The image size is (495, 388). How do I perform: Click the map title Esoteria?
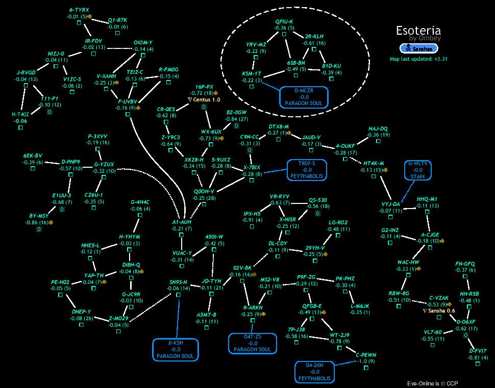418,30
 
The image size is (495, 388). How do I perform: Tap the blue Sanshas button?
419,48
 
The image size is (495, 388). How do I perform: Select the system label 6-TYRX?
79,10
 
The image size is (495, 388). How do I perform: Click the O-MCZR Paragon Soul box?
304,97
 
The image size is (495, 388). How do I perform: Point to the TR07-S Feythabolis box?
306,170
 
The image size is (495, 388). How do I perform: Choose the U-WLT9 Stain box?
417,170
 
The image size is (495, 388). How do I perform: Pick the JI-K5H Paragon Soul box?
175,349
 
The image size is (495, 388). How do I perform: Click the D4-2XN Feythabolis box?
315,372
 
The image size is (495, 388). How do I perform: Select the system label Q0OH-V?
204,191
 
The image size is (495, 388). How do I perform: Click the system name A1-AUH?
182,222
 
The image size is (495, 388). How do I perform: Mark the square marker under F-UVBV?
128,114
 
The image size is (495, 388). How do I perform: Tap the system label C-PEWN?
366,354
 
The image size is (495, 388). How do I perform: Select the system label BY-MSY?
38,216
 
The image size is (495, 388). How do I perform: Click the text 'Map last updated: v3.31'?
418,59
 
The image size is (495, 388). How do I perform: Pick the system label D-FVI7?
478,351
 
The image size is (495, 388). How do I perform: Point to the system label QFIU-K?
284,21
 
